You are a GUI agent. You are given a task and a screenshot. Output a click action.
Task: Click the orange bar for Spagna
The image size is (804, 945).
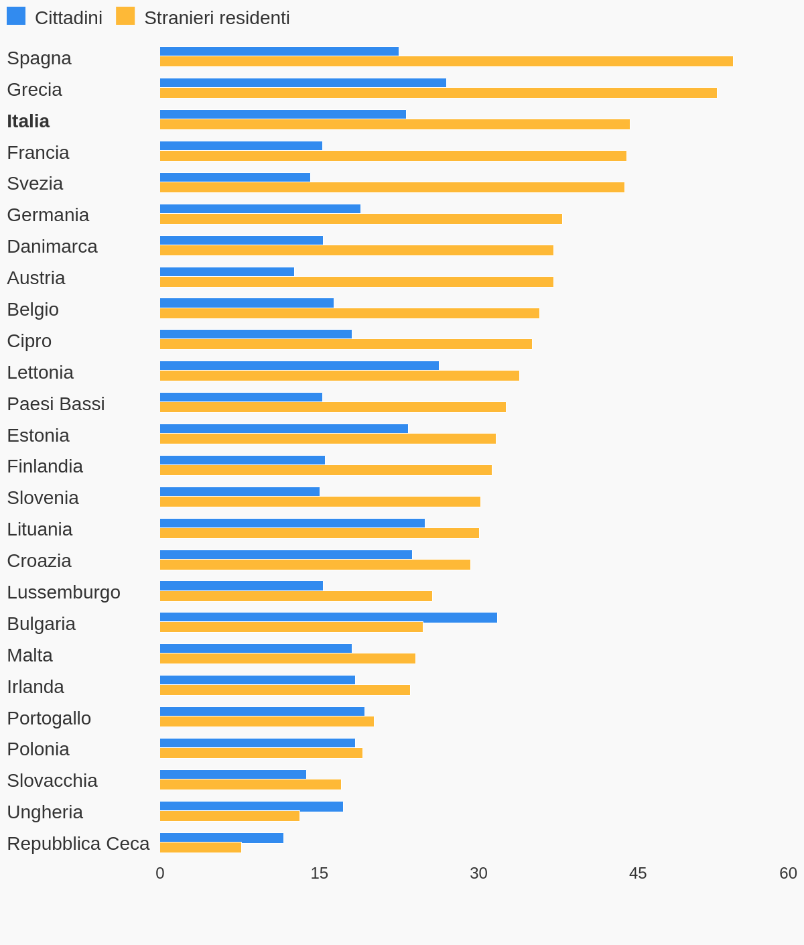coord(446,62)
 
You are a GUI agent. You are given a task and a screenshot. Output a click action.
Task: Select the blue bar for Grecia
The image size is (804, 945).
coord(303,83)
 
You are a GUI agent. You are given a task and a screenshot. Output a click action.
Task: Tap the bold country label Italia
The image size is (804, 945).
coord(28,121)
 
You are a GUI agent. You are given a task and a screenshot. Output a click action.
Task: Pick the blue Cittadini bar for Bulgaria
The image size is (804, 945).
coord(328,617)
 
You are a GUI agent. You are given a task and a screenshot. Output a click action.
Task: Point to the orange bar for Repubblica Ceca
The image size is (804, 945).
coord(200,848)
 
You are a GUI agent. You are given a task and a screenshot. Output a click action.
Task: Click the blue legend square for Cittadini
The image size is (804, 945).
coord(16,16)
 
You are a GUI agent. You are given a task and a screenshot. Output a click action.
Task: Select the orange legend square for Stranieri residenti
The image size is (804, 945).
coord(125,16)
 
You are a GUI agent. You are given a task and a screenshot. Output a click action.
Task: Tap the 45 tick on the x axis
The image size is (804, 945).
coord(638,873)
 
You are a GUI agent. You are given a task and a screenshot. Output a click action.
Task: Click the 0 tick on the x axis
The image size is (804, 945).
coord(160,873)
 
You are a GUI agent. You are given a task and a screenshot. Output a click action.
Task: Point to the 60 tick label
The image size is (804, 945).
coord(788,873)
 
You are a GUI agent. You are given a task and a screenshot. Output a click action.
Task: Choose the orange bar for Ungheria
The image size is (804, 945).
coord(230,816)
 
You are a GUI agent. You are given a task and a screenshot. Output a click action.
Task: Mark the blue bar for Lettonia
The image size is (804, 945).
coord(299,366)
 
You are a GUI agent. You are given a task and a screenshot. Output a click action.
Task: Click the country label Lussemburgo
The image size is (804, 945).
coord(64,592)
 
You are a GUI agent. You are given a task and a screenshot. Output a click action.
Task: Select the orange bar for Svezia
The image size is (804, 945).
coord(392,188)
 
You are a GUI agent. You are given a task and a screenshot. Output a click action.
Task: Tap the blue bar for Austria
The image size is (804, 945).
coord(227,272)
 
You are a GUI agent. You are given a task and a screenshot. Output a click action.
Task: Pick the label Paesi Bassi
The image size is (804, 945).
coord(56,404)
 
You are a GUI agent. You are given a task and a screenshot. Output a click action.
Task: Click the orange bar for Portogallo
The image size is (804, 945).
coord(267,722)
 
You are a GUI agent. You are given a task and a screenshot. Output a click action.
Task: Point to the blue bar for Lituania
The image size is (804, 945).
coord(292,523)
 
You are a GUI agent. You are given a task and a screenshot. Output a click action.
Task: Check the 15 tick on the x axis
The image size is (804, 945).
coord(320,873)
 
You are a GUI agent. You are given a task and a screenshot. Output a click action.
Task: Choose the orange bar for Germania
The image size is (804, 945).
coord(361,219)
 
